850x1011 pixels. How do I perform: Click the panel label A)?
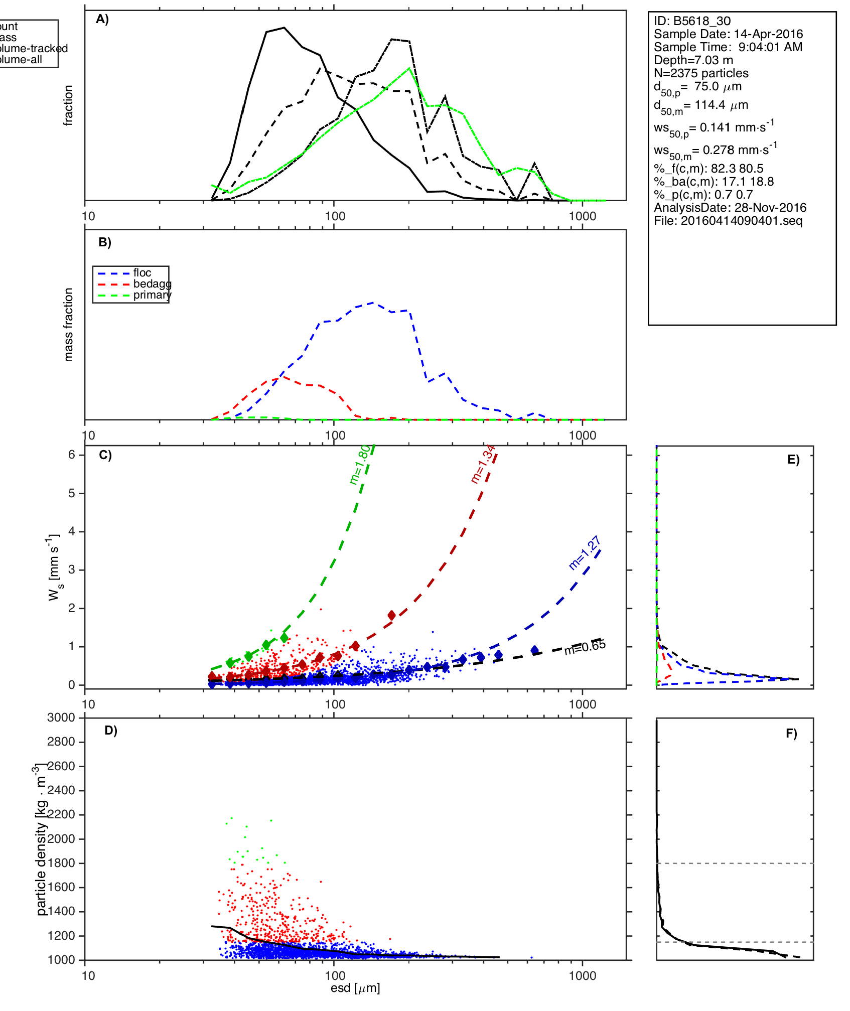(102, 19)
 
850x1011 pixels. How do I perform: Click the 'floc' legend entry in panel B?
(142, 273)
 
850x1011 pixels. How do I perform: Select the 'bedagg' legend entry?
(152, 284)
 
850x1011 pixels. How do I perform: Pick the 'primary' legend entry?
(152, 295)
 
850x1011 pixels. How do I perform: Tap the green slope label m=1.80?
(360, 464)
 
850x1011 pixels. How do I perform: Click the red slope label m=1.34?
(483, 464)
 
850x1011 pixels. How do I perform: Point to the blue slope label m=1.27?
(585, 553)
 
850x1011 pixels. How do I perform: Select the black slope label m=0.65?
(585, 648)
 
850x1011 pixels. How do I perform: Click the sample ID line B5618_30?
(692, 21)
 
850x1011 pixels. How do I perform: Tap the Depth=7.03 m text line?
(693, 60)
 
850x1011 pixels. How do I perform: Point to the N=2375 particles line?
(701, 73)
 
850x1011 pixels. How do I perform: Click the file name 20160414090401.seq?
(728, 221)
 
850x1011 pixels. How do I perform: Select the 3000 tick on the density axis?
(61, 718)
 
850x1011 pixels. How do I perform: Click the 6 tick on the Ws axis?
(72, 455)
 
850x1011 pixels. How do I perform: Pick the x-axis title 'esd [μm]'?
(355, 988)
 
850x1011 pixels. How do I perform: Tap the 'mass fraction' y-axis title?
(69, 325)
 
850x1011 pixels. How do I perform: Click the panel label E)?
(793, 460)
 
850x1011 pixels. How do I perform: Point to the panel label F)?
(791, 734)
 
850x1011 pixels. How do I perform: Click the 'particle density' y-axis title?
(41, 840)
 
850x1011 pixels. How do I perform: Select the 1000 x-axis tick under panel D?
(583, 975)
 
